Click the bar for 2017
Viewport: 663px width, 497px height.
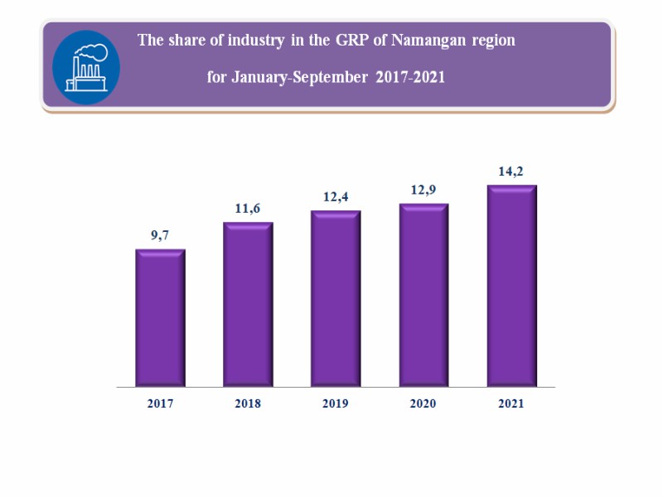click(x=160, y=318)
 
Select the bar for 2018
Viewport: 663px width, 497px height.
click(x=248, y=304)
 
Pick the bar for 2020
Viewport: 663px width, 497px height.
click(x=423, y=295)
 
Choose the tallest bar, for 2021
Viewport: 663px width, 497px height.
click(x=512, y=286)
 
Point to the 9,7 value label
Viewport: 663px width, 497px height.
click(x=161, y=235)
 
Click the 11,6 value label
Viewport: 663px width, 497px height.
click(x=248, y=208)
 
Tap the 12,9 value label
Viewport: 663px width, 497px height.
click(x=424, y=190)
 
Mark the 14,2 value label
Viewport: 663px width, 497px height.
click(x=512, y=171)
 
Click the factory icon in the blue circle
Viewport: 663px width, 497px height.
click(x=86, y=67)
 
